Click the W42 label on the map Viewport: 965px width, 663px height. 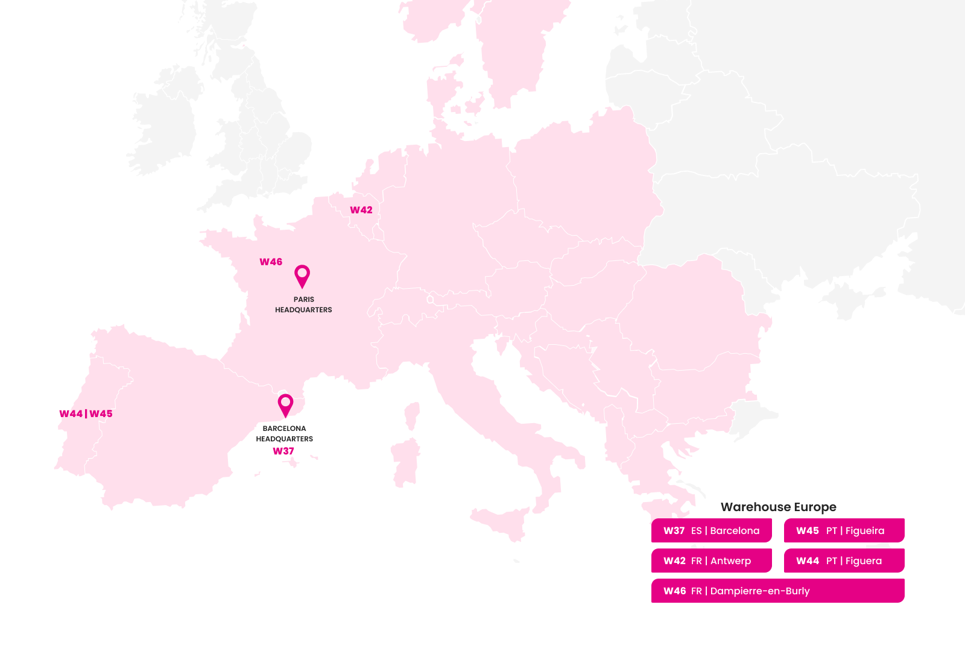click(361, 210)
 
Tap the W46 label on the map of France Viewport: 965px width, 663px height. click(271, 262)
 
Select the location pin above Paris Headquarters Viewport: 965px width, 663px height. click(302, 275)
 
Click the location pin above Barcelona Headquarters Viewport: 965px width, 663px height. click(285, 404)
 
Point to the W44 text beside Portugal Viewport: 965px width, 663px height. click(71, 414)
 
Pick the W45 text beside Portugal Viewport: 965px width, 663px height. click(101, 414)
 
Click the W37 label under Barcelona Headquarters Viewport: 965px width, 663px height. click(283, 451)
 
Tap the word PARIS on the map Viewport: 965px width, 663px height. click(304, 300)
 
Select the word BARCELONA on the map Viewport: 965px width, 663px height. click(284, 429)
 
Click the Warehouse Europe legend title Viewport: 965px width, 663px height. click(778, 507)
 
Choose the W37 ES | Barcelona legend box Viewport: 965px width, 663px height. click(712, 530)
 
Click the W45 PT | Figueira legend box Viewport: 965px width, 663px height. click(844, 530)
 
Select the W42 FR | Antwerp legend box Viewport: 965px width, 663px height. click(712, 561)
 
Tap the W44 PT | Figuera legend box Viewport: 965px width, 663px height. click(844, 561)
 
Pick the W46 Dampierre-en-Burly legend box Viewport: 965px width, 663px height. click(778, 591)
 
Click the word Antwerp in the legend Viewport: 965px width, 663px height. click(730, 561)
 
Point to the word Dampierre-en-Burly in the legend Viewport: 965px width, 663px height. click(760, 591)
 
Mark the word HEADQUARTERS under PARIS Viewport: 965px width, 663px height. click(303, 310)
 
